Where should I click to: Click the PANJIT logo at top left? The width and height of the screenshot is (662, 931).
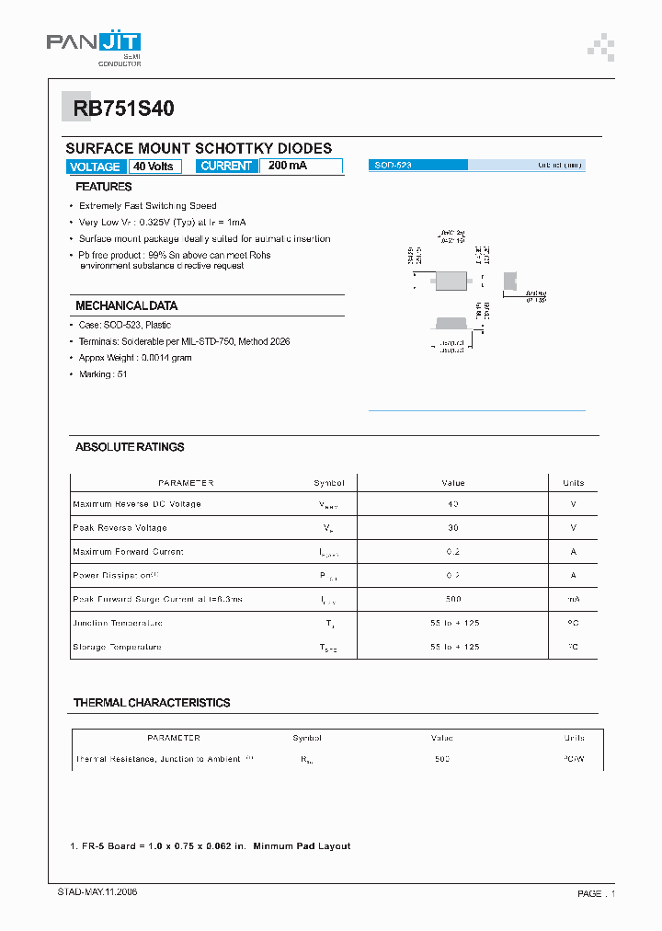click(93, 44)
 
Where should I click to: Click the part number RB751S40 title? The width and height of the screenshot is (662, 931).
click(118, 109)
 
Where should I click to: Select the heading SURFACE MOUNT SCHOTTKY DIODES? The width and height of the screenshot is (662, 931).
click(199, 148)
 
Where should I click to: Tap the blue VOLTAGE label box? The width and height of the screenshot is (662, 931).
click(95, 167)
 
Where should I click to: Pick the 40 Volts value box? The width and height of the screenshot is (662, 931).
click(154, 167)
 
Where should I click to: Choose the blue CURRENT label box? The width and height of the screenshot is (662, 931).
click(226, 167)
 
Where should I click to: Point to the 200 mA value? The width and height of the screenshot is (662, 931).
click(288, 166)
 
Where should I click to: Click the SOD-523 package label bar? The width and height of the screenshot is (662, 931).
click(418, 165)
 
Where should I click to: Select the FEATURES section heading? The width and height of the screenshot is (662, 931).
click(103, 187)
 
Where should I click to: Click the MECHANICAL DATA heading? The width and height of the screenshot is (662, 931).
click(126, 305)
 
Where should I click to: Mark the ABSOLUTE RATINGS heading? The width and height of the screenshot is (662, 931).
click(130, 447)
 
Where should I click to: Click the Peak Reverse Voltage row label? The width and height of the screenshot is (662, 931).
click(120, 528)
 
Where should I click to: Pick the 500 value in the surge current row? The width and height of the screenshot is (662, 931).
click(453, 599)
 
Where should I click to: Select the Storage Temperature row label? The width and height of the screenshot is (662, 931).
click(117, 647)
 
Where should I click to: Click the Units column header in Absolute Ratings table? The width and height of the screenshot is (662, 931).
click(573, 483)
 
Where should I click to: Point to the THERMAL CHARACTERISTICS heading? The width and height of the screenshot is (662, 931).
click(152, 703)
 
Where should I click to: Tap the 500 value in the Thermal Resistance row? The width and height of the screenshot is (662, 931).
click(442, 760)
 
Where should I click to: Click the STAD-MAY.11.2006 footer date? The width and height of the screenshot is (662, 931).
click(92, 892)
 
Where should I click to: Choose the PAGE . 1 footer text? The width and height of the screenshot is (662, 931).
click(596, 893)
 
